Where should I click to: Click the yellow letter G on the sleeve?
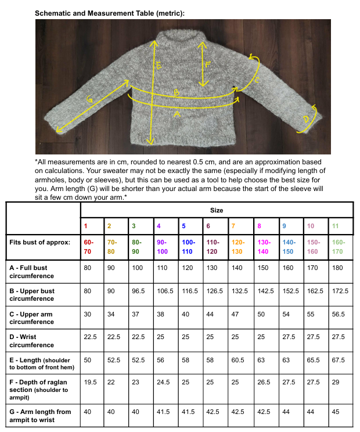tap(89, 99)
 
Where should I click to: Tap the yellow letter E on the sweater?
tap(159, 66)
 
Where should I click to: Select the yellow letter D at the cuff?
tap(305, 120)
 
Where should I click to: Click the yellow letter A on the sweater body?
tap(177, 115)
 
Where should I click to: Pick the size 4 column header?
tap(159, 225)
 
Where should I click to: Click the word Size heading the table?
tap(216, 210)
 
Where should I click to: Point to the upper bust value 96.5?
tap(138, 290)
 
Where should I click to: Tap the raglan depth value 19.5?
tap(90, 383)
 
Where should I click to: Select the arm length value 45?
tap(334, 412)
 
